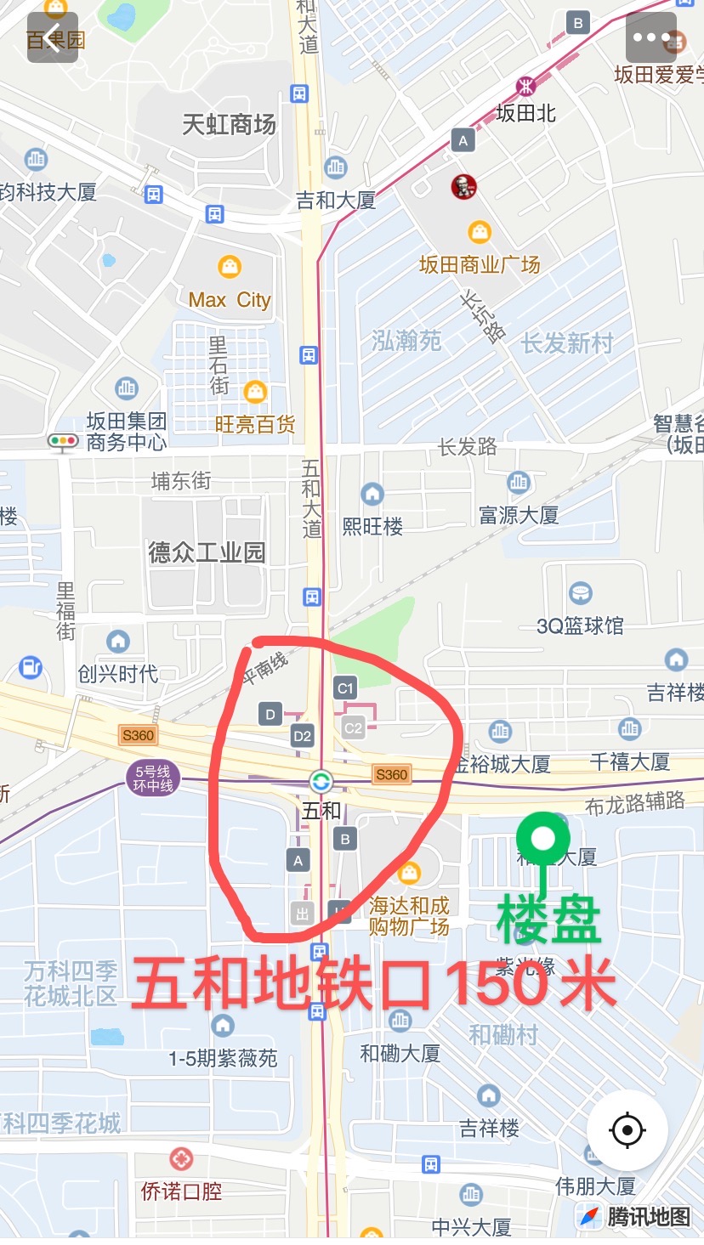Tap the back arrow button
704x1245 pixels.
coord(53,38)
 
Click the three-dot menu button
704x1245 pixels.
coord(652,38)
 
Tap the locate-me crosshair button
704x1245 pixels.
coord(627,1129)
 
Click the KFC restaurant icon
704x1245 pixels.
coord(463,187)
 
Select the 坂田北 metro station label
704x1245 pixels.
coord(525,113)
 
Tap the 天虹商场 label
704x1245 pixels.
coord(229,125)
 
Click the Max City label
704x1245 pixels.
coord(229,300)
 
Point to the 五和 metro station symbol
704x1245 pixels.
coord(321,781)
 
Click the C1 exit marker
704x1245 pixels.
coord(345,688)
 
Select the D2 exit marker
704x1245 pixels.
coord(302,735)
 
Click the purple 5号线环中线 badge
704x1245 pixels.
coord(154,778)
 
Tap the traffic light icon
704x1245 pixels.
coord(63,441)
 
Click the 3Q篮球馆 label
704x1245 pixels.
coord(580,626)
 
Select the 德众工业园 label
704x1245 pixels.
coord(207,552)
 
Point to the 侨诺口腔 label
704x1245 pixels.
coord(181,1191)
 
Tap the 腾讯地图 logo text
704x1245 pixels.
coord(648,1217)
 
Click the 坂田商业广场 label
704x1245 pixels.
coord(480,265)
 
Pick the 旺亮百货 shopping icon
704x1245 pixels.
coord(255,392)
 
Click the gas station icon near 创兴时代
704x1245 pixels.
coord(31,667)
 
